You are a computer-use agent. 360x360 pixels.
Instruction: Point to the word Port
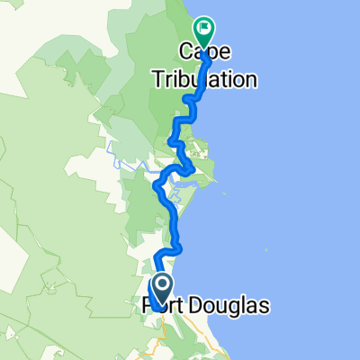[166, 308]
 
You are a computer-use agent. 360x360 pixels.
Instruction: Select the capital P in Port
[150, 308]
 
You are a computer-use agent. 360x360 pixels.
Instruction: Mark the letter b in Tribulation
[193, 79]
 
